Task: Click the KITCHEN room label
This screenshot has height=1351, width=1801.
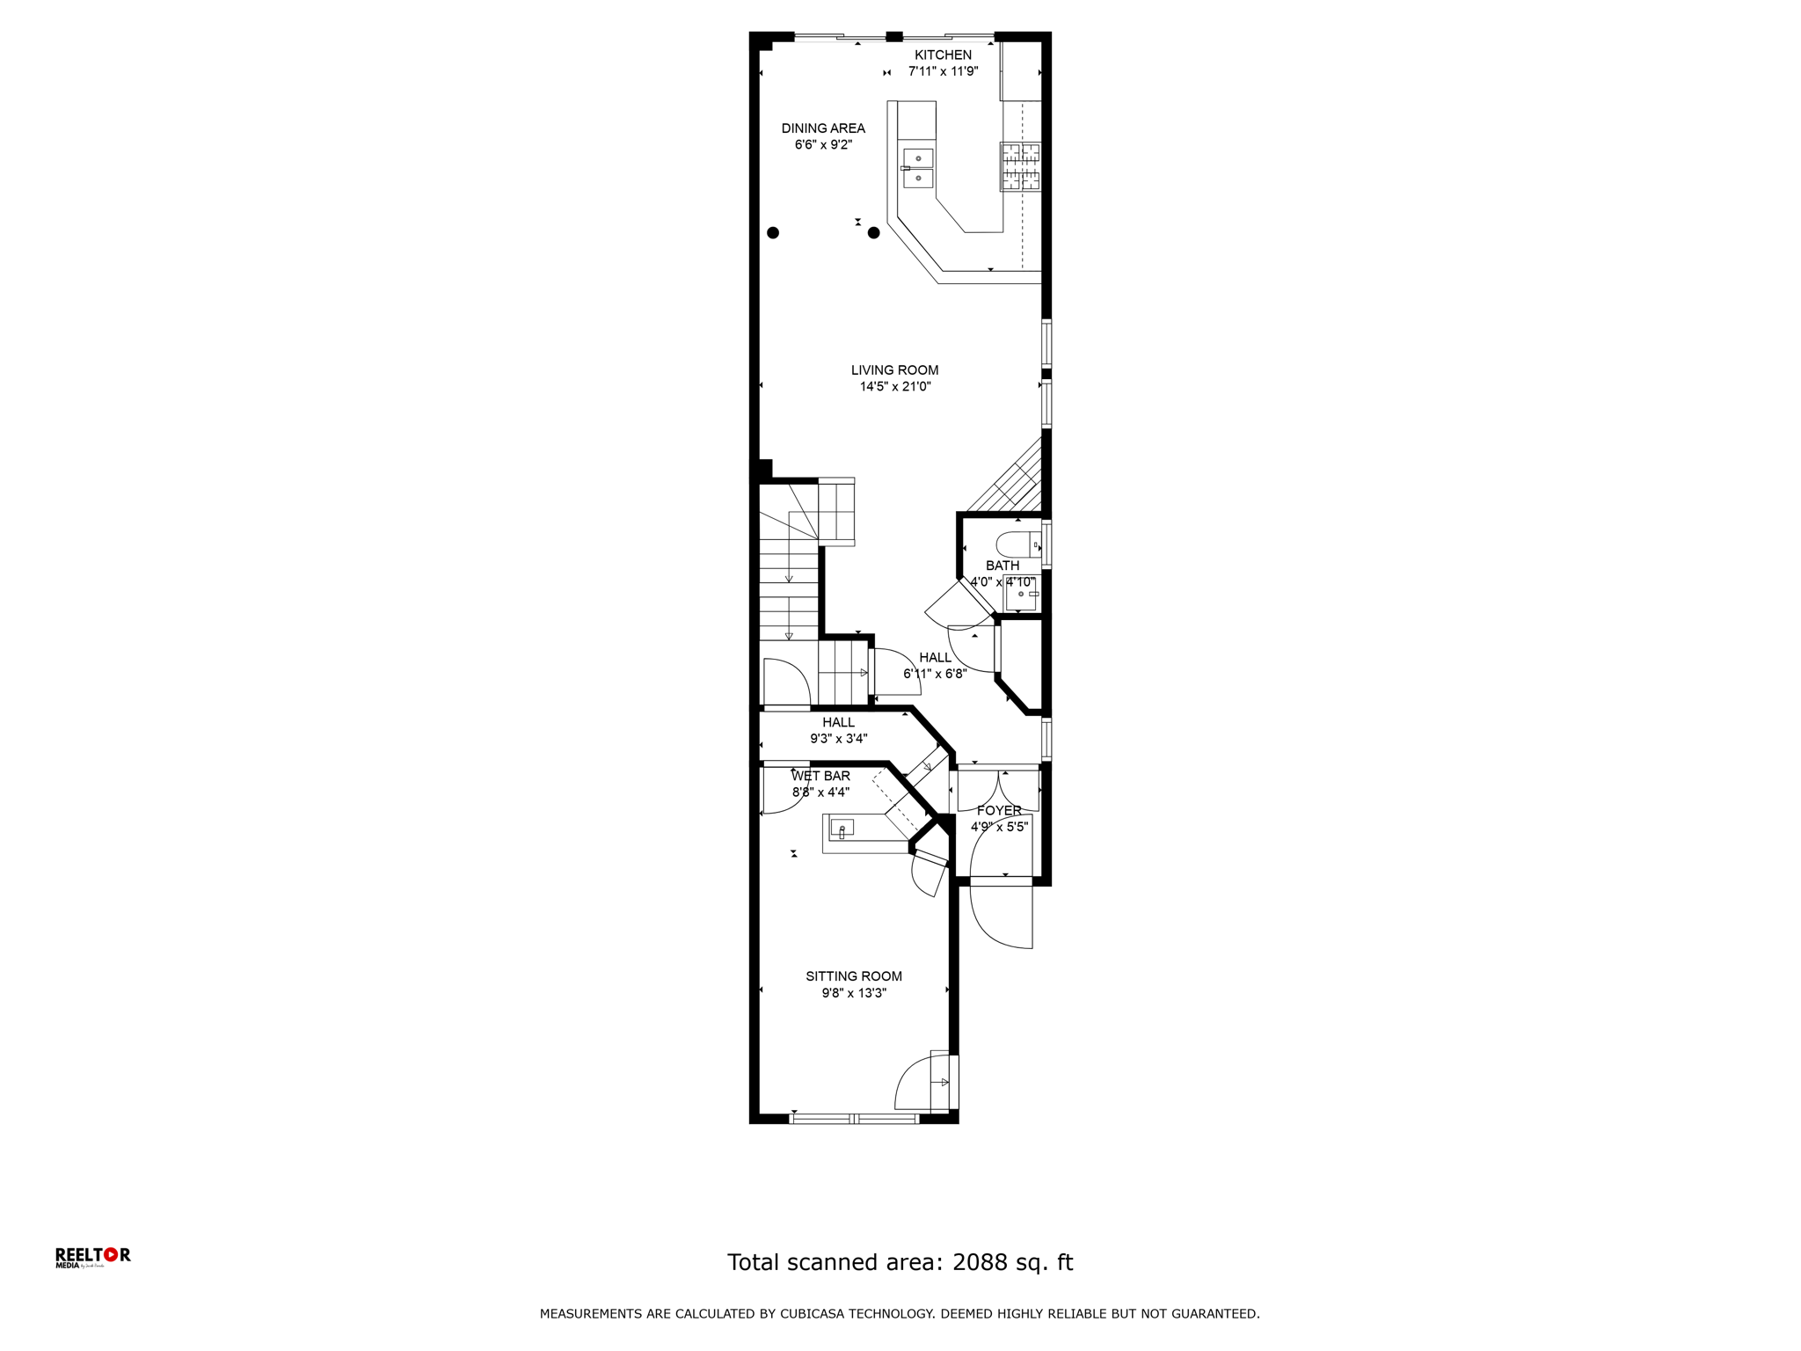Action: coord(943,55)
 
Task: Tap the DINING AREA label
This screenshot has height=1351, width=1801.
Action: coord(823,128)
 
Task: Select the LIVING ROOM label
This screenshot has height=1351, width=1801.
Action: coord(894,370)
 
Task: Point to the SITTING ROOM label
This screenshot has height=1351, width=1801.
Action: coord(854,976)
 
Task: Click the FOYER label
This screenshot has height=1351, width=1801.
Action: coord(999,811)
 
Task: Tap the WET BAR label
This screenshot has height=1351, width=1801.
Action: coord(820,776)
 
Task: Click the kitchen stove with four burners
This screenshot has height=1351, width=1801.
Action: coord(1020,167)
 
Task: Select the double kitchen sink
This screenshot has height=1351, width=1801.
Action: coord(917,168)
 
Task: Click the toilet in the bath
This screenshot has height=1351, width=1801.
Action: coord(1018,545)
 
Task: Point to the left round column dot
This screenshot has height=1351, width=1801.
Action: coord(773,233)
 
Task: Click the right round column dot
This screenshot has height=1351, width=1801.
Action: coord(873,233)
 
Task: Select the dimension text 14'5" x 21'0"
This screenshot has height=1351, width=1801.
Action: coord(894,387)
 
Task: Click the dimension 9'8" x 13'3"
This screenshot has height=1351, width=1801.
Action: coord(854,993)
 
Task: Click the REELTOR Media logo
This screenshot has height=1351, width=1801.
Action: coord(92,1258)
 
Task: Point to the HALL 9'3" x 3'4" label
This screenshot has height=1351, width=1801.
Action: coord(838,731)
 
